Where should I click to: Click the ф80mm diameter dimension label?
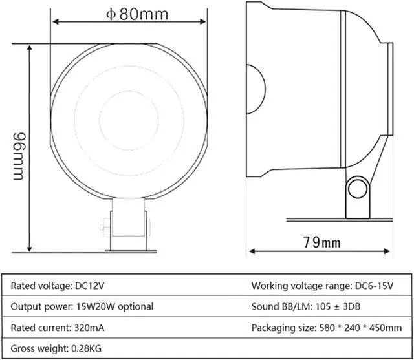(x=136, y=14)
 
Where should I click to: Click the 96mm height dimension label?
(x=19, y=156)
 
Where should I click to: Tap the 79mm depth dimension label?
(x=321, y=242)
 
